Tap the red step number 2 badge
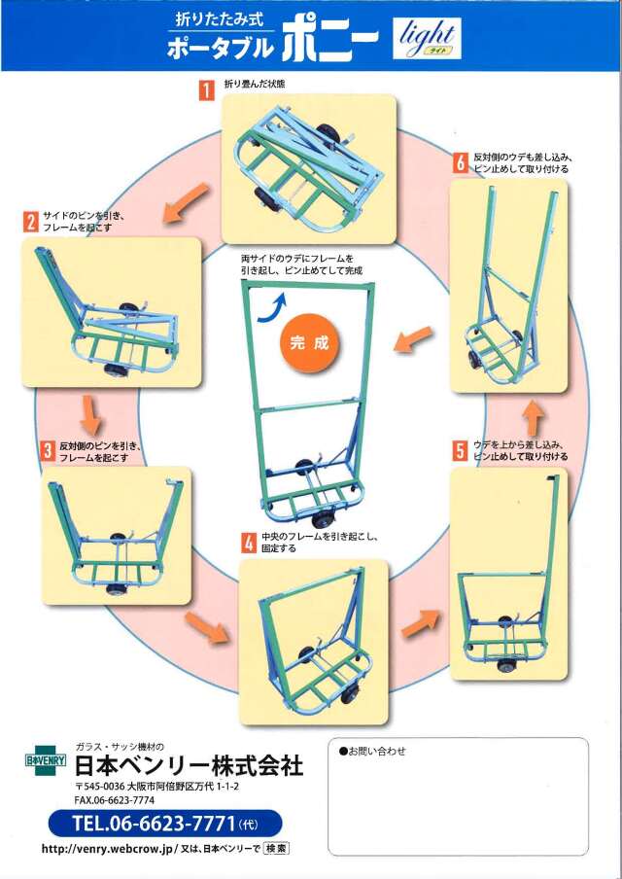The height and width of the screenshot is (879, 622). point(30,222)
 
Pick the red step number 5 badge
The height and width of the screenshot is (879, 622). point(461,449)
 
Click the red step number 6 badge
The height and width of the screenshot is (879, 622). point(461,162)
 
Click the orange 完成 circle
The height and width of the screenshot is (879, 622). point(310,343)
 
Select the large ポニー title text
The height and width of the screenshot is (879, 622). point(330,43)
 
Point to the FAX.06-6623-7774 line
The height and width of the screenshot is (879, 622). point(114,799)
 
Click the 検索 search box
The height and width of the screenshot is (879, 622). point(276,849)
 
